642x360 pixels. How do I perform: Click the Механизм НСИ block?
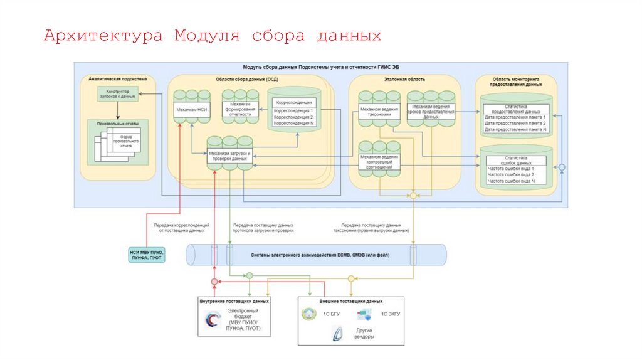tap(192, 109)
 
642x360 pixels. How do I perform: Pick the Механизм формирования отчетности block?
tap(240, 107)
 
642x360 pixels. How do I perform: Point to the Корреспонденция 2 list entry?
tap(293, 117)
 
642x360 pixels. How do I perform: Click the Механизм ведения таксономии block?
tap(379, 109)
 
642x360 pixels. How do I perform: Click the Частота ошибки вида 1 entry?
tap(511, 169)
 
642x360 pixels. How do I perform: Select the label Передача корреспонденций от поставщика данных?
tap(181, 227)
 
